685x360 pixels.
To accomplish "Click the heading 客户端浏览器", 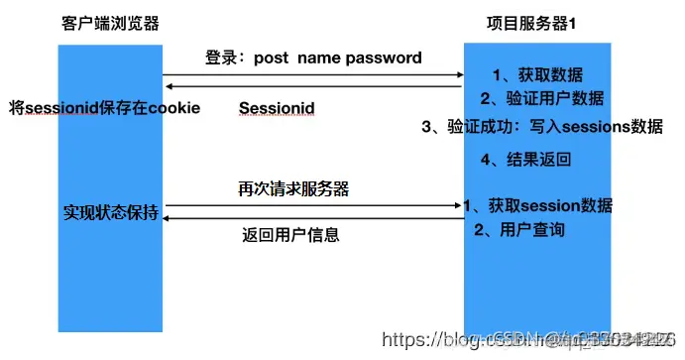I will point(110,23).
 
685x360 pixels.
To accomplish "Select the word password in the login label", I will point(384,58).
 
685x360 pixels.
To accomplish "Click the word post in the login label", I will point(272,58).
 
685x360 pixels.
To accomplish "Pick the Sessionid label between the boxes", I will point(277,106).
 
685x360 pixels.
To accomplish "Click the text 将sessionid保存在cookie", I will point(104,106).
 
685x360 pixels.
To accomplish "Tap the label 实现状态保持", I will point(110,211).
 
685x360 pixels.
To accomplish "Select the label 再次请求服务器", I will point(292,188).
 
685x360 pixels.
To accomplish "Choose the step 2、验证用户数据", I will point(541,98).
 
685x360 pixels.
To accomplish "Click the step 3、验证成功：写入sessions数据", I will point(541,126).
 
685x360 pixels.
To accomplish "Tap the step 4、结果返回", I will point(525,159).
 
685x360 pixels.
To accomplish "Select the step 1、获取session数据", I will point(537,206).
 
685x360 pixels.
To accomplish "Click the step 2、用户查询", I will point(519,230).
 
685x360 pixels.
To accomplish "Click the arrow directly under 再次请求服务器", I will point(313,205).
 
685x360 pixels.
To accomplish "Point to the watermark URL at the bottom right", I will point(530,340).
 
